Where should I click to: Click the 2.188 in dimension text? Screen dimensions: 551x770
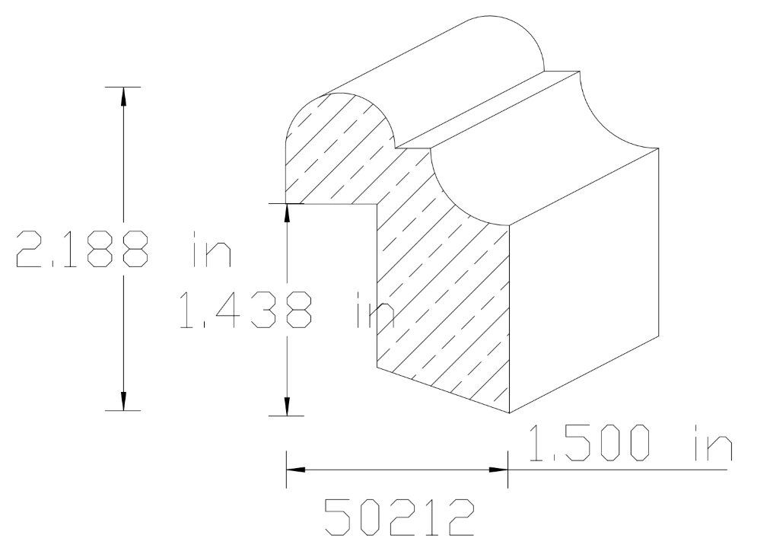tap(122, 250)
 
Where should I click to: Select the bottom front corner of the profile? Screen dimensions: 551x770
tap(508, 414)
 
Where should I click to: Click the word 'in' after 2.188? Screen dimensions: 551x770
tap(210, 250)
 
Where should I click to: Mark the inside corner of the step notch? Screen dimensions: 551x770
tap(378, 204)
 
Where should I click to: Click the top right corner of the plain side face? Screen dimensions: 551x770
tap(659, 148)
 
